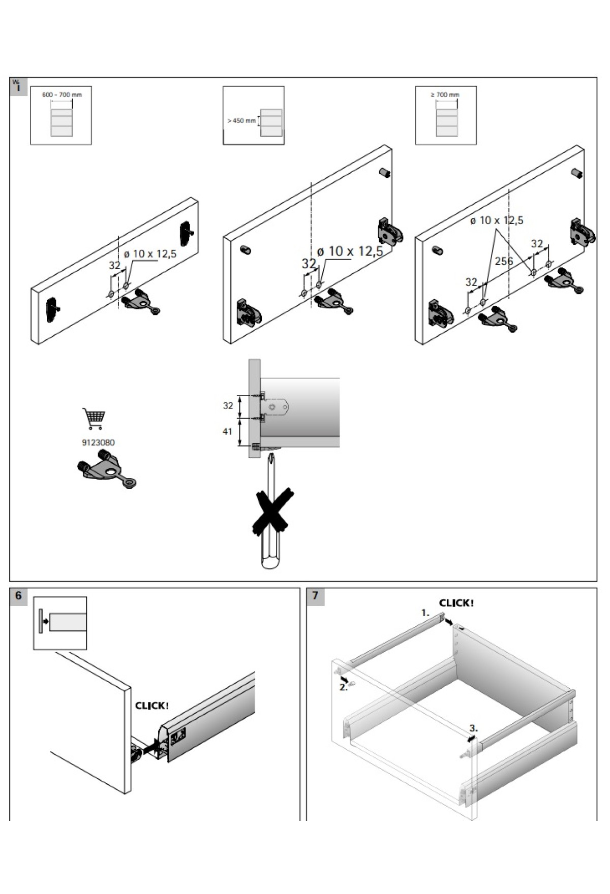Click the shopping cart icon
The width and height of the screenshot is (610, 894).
(x=94, y=418)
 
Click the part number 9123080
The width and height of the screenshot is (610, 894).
(x=98, y=442)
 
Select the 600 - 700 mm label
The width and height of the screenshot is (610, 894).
(x=62, y=94)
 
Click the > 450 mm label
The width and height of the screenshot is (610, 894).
(x=241, y=121)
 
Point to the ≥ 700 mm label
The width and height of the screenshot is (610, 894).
(x=445, y=94)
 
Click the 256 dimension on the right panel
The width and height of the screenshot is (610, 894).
(x=504, y=261)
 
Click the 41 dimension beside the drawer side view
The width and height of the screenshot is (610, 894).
(x=227, y=431)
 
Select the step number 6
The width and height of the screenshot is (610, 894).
(x=19, y=595)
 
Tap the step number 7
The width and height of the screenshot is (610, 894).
(x=315, y=595)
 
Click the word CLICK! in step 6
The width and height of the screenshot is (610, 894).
(x=152, y=706)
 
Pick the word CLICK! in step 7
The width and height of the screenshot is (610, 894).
(x=456, y=603)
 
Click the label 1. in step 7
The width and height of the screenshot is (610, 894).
(x=425, y=613)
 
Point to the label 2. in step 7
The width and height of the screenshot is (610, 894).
(x=343, y=687)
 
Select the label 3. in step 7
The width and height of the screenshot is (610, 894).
(x=473, y=728)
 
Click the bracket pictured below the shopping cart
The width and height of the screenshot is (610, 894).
(x=107, y=470)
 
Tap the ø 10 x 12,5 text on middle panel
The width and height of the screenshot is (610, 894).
(x=350, y=251)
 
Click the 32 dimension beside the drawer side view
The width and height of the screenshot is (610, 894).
(x=228, y=405)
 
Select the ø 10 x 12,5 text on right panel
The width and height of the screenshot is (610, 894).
(x=496, y=220)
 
